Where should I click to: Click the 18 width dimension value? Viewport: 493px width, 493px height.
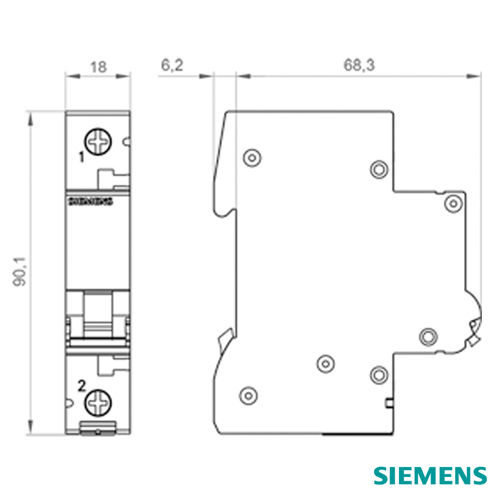pos(99,66)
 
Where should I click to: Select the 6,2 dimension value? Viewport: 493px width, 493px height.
pos(172,65)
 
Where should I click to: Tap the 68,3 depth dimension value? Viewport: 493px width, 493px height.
pos(359,65)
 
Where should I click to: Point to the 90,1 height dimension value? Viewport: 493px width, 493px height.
pos(20,271)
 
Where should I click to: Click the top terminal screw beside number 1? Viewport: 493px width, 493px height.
pos(98,142)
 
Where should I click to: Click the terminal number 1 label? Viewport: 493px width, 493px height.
pos(81,157)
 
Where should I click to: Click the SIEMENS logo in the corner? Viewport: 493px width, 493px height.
pos(430,476)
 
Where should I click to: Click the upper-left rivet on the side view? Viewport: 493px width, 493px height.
pos(252,157)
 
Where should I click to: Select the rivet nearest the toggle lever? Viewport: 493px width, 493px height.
pos(428,336)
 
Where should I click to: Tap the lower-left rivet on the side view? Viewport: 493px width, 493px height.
pos(248,395)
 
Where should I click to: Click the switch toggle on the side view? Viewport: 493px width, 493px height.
pos(475,331)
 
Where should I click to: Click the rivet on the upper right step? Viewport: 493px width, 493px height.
pos(453,203)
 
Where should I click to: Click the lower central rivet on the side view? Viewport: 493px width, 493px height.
pos(325,363)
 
